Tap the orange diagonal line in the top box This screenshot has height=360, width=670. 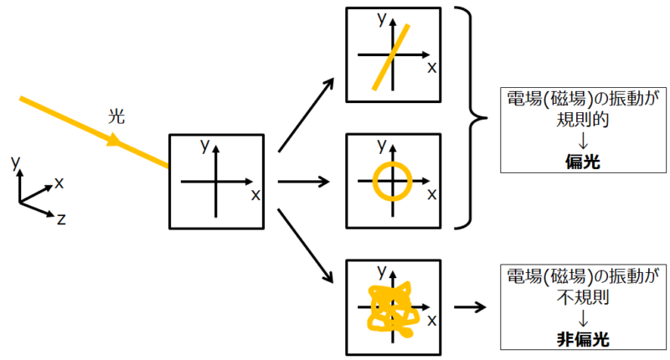(391, 55)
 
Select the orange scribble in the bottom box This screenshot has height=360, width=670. (388, 310)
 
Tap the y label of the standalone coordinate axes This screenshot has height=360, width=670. (15, 161)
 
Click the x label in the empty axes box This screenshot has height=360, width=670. (255, 194)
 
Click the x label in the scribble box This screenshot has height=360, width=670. (432, 321)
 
